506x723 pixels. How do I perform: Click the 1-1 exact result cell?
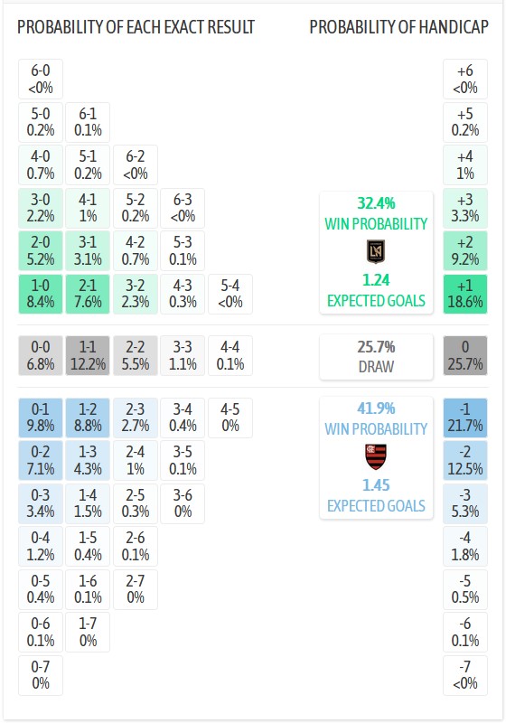(x=88, y=356)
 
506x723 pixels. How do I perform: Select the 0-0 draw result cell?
(x=41, y=356)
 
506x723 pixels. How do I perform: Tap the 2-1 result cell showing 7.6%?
(x=88, y=295)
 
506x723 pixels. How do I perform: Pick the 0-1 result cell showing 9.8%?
(x=41, y=418)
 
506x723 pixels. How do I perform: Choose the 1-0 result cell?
(x=41, y=295)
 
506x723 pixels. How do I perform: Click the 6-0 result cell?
(x=41, y=79)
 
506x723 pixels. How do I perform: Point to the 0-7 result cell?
(x=41, y=675)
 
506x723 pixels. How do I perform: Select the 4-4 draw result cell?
(x=230, y=356)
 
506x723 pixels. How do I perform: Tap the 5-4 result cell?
(x=230, y=295)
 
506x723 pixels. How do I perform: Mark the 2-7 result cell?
(x=136, y=589)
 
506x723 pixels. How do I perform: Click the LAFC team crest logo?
(x=376, y=250)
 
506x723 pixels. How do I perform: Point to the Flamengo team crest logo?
(x=376, y=455)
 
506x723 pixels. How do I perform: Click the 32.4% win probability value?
(x=376, y=203)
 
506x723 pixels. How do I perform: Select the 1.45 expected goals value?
(x=376, y=485)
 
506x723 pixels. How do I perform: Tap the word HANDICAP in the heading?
(x=454, y=27)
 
